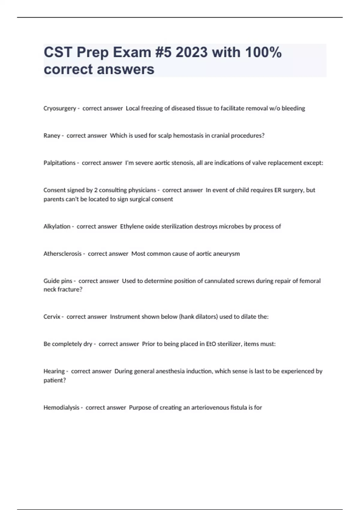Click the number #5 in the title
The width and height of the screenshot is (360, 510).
click(x=163, y=52)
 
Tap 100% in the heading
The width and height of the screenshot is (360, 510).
click(x=263, y=52)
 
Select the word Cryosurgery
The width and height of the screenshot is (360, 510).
click(x=60, y=108)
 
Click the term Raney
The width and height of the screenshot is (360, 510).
click(x=52, y=136)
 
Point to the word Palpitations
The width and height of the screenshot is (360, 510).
click(x=59, y=163)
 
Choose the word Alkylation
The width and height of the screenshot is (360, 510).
click(x=57, y=226)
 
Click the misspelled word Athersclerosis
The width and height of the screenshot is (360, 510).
click(x=62, y=254)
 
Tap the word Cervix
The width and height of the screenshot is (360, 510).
click(x=52, y=317)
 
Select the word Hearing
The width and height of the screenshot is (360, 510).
click(x=54, y=371)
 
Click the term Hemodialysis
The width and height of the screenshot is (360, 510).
click(x=61, y=408)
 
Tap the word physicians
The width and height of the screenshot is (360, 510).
click(x=142, y=190)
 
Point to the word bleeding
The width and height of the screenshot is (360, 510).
click(x=293, y=108)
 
